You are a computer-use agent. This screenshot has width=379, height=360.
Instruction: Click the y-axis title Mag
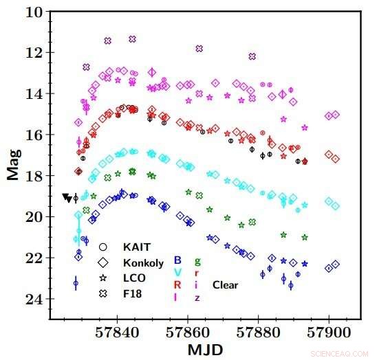click(12, 165)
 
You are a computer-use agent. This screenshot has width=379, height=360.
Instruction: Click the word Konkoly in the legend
click(143, 262)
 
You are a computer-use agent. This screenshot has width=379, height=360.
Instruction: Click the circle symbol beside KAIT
click(103, 246)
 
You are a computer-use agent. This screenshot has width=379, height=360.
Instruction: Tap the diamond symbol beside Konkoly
click(103, 262)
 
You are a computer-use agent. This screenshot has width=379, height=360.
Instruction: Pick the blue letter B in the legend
click(177, 260)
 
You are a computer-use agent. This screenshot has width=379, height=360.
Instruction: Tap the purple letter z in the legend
click(198, 297)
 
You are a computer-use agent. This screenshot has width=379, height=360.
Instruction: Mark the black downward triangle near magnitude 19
click(66, 198)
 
